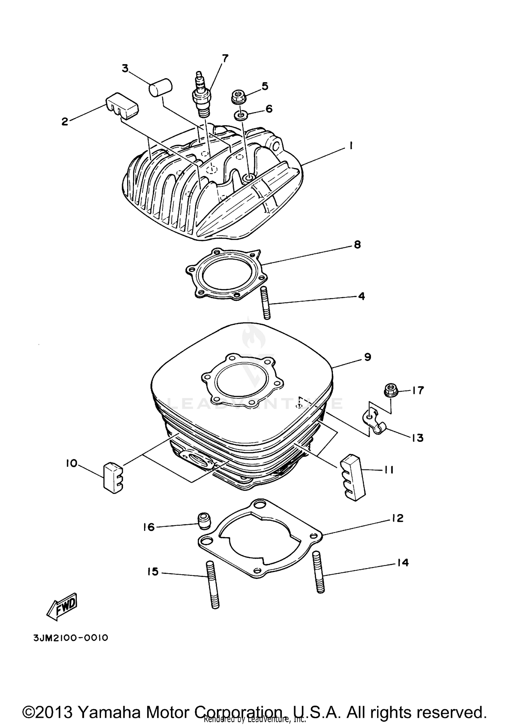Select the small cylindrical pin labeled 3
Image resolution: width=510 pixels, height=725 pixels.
[x=160, y=87]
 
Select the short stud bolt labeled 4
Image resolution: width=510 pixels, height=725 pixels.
[x=266, y=303]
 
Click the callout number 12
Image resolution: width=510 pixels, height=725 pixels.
[x=397, y=518]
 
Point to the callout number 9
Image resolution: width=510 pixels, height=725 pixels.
[x=368, y=357]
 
